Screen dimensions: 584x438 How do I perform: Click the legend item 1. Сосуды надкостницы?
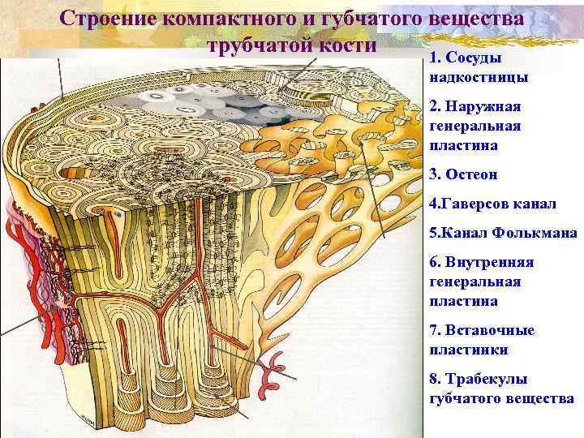click(x=479, y=68)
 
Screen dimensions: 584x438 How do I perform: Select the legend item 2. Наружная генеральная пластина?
click(x=479, y=127)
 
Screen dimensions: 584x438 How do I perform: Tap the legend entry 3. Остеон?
click(x=464, y=175)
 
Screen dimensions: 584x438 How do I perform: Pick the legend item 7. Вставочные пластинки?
click(x=482, y=341)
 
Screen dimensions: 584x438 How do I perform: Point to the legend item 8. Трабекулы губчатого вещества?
click(x=500, y=389)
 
